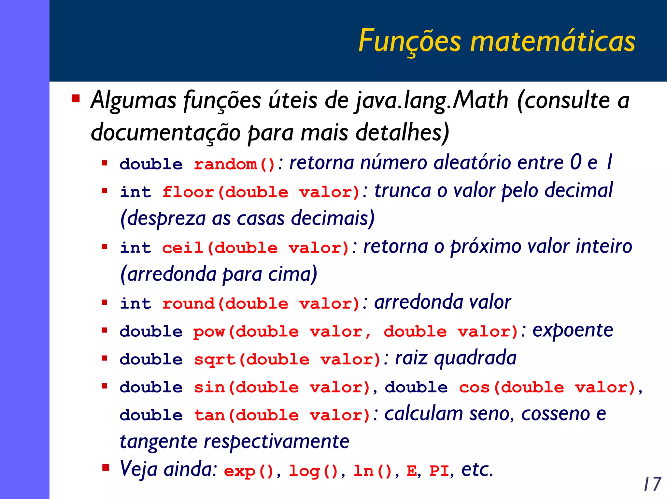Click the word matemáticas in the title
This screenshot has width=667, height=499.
coord(553,41)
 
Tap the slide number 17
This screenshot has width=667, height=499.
coord(652,484)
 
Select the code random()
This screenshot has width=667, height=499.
coord(234,164)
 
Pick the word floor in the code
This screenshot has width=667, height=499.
coord(188,192)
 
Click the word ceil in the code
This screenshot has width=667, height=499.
coord(183,248)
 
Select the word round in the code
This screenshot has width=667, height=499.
coord(188,303)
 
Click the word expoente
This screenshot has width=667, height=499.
coord(573,331)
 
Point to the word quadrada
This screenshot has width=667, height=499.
coord(475,359)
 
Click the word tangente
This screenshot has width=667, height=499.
coord(158,442)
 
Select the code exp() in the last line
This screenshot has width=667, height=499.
coord(249,471)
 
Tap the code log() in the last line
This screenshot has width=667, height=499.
coord(314,471)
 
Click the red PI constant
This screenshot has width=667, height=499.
coord(439,471)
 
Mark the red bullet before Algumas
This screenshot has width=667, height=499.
coord(76,98)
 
